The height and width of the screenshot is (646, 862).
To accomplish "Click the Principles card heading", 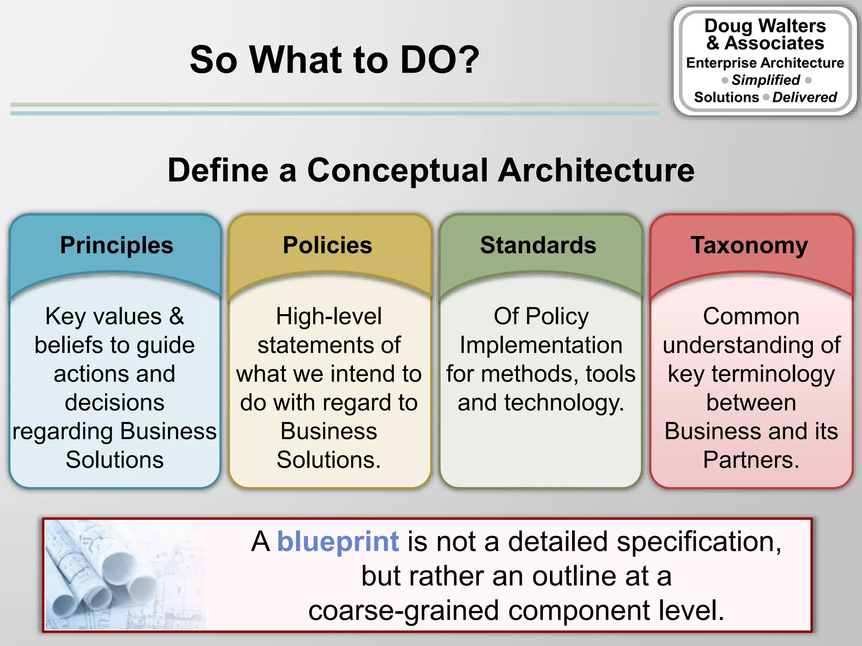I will tap(117, 245).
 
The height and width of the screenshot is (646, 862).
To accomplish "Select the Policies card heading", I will tap(327, 245).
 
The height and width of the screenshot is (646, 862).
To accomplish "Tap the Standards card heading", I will tap(538, 245).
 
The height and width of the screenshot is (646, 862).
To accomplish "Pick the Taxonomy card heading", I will tap(749, 245).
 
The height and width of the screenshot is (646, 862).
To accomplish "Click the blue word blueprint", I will tap(338, 541).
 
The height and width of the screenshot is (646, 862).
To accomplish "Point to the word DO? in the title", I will tap(439, 60).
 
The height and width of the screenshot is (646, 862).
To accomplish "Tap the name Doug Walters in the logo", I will tap(765, 26).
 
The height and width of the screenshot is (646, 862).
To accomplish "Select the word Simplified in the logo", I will tap(766, 80).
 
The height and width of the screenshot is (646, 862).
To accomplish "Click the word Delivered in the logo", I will tap(804, 97).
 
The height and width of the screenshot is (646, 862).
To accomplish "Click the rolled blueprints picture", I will tap(124, 575).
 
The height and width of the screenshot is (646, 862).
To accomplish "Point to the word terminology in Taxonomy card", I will tap(773, 374).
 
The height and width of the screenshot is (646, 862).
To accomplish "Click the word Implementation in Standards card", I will tap(541, 345).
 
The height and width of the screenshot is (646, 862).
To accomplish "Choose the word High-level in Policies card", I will tap(329, 316).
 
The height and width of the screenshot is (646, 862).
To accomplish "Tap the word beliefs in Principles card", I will tap(69, 345).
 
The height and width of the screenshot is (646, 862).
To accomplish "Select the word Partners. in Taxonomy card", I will tap(751, 460).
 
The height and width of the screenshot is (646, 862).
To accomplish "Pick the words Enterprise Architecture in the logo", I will tap(765, 63).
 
